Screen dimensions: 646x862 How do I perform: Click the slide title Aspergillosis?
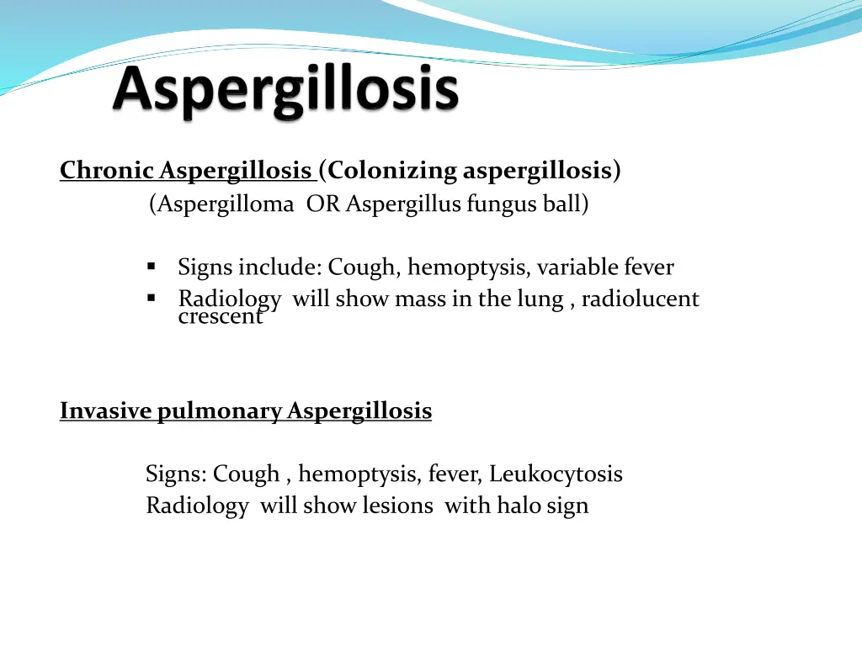[x=286, y=92]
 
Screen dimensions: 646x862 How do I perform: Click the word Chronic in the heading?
[x=107, y=171]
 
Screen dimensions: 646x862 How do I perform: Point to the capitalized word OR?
[x=323, y=204]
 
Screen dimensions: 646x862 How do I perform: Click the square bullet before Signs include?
[x=152, y=267]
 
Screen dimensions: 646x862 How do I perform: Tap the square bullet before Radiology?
[x=152, y=299]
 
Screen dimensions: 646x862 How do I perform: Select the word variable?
[x=577, y=267]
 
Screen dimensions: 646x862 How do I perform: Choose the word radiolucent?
[x=640, y=299]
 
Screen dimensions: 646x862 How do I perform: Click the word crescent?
[x=221, y=317]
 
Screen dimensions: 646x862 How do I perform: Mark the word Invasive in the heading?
[x=106, y=411]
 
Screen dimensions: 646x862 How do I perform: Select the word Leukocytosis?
[x=556, y=474]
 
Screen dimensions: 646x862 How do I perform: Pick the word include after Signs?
[x=279, y=267]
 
